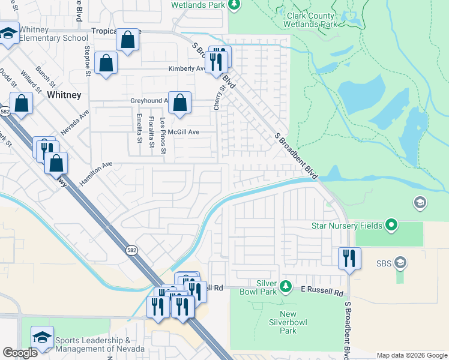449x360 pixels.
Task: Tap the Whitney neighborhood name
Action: click(x=64, y=95)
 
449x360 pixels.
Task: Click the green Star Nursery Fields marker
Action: click(x=392, y=226)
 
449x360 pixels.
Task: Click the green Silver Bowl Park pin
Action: click(x=286, y=285)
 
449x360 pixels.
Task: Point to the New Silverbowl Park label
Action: click(x=288, y=322)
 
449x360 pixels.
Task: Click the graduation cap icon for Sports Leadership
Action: click(x=43, y=337)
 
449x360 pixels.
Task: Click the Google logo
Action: click(x=20, y=353)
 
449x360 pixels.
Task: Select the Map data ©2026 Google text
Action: click(x=411, y=355)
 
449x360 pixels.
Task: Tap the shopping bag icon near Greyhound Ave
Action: click(x=180, y=103)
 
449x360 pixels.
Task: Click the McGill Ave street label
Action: click(x=183, y=131)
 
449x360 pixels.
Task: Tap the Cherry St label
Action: click(x=218, y=97)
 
